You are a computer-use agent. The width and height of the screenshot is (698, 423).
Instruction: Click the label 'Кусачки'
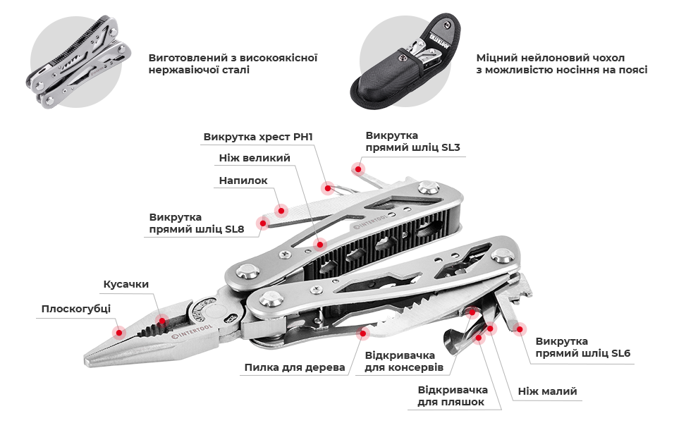pyautogui.click(x=126, y=284)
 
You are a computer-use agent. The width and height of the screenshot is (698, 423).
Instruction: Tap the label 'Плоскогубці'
pyautogui.click(x=76, y=309)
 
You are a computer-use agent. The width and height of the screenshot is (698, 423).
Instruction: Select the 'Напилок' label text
pyautogui.click(x=243, y=180)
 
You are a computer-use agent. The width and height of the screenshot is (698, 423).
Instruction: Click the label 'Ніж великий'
pyautogui.click(x=255, y=158)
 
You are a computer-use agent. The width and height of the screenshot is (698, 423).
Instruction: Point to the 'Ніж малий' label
pyautogui.click(x=548, y=391)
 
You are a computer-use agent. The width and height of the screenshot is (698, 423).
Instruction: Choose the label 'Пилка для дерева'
pyautogui.click(x=295, y=368)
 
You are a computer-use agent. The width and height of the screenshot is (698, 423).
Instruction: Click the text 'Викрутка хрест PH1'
pyautogui.click(x=258, y=137)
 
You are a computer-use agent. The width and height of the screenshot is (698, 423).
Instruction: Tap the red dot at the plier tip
pyautogui.click(x=119, y=332)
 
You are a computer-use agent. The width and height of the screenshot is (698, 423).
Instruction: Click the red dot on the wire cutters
pyautogui.click(x=162, y=321)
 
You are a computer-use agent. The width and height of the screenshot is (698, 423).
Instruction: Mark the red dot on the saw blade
pyautogui.click(x=363, y=333)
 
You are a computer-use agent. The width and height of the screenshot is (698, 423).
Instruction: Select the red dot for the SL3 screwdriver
pyautogui.click(x=357, y=168)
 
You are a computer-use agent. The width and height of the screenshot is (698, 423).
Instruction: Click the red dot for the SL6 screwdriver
pyautogui.click(x=519, y=329)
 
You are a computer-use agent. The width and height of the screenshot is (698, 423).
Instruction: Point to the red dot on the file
pyautogui.click(x=281, y=210)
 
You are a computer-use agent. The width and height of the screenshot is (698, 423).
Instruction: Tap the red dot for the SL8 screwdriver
pyautogui.click(x=263, y=223)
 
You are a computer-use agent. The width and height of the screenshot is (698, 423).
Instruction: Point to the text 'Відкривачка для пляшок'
pyautogui.click(x=452, y=396)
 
